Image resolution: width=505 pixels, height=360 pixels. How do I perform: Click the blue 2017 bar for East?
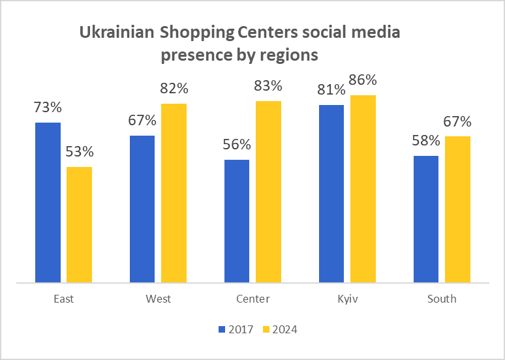48,202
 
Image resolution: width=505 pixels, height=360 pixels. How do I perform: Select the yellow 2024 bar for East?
79,224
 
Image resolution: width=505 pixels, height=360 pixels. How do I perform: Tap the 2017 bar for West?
142,209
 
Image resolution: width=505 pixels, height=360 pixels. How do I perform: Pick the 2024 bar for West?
174,193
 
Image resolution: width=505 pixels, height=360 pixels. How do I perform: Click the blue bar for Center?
237,221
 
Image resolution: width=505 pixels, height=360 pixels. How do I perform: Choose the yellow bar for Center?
268,192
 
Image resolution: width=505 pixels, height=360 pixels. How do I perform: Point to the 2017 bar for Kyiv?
331,194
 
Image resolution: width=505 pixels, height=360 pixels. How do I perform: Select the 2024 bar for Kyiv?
363,189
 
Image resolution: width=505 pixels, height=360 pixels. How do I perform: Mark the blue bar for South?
426,219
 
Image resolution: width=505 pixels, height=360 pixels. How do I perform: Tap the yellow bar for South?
457,209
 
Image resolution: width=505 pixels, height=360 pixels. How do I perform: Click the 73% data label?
48,108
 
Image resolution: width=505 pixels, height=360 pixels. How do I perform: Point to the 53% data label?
80,152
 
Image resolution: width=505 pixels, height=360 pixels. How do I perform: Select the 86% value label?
363,80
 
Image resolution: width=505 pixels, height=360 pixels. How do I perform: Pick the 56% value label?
237,145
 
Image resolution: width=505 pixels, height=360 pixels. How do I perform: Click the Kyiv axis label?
347,299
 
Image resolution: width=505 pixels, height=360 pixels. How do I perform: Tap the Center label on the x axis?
252,299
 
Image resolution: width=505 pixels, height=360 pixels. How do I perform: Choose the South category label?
442,299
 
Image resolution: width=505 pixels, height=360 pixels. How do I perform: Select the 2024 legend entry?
279,329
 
